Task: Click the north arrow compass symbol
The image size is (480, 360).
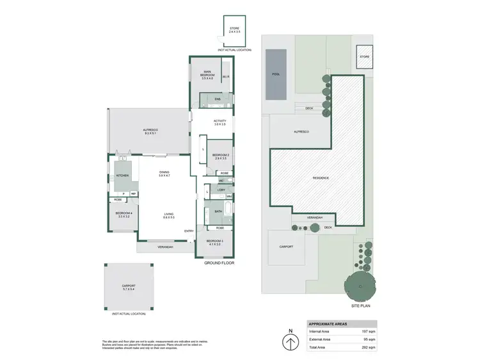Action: pyautogui.click(x=291, y=340)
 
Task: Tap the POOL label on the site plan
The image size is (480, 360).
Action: pyautogui.click(x=276, y=74)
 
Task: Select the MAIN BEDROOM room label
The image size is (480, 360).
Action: pyautogui.click(x=207, y=74)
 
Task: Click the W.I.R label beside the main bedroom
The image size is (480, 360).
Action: pyautogui.click(x=226, y=78)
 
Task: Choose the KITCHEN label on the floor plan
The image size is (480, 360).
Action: pyautogui.click(x=122, y=175)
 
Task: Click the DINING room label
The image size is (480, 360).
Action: pyautogui.click(x=164, y=173)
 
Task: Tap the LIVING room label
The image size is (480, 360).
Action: pyautogui.click(x=168, y=215)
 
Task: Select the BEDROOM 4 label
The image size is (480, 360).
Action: pyautogui.click(x=124, y=214)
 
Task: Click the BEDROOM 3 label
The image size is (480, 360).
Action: pyautogui.click(x=213, y=241)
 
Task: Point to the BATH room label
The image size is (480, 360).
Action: pyautogui.click(x=218, y=211)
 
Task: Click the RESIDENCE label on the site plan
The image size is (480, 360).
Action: pyautogui.click(x=321, y=177)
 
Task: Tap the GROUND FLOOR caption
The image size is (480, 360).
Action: pyautogui.click(x=218, y=263)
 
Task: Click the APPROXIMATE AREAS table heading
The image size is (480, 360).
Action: pyautogui.click(x=329, y=323)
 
